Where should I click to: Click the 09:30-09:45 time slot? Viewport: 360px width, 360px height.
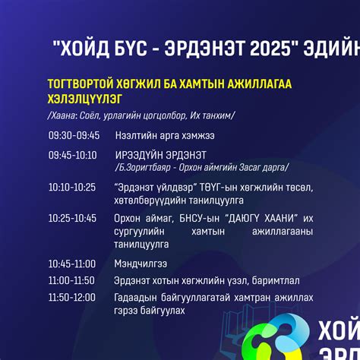(x=74, y=136)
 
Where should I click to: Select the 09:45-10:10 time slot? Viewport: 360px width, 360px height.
(x=73, y=155)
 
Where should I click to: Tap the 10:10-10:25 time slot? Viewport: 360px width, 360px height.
(x=72, y=187)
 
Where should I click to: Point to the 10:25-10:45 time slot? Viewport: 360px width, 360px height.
(x=72, y=218)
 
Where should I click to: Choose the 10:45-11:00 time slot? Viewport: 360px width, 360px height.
(x=72, y=264)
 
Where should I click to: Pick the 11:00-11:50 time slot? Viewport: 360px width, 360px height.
(x=72, y=280)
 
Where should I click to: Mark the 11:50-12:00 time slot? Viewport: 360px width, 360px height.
(x=72, y=297)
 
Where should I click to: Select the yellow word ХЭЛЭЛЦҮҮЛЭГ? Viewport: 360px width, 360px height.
(x=87, y=99)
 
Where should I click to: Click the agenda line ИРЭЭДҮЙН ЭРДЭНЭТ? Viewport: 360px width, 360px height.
(x=161, y=155)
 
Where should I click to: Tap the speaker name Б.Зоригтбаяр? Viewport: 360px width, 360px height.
(x=142, y=166)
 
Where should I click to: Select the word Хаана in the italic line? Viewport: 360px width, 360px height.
(x=62, y=115)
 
